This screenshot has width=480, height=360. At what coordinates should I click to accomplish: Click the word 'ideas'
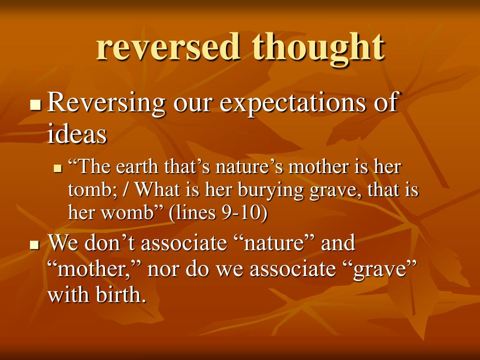point(77,135)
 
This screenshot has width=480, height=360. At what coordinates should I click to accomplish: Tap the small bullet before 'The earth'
point(59,168)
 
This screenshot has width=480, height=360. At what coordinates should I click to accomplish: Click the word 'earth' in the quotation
point(136,167)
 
